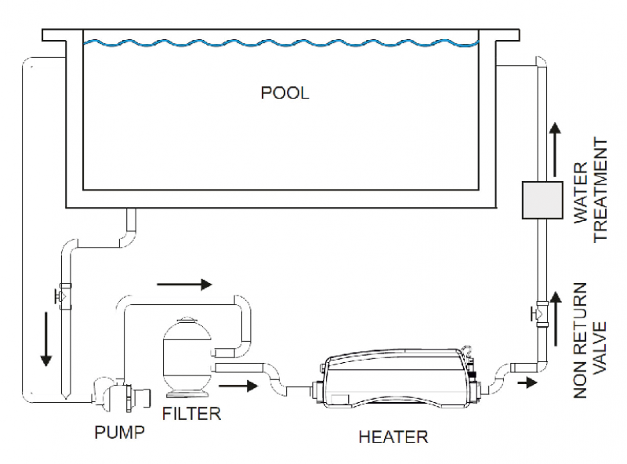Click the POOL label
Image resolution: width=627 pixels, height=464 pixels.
pos(285,93)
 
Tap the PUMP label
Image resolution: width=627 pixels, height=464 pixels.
pos(119,432)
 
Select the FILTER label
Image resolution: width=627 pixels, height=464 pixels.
pos(191,412)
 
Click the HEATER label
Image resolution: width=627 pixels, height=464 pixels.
pos(393,437)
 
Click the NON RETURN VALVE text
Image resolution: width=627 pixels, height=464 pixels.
pos(592,344)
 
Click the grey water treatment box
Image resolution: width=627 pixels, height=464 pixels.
pos(542,200)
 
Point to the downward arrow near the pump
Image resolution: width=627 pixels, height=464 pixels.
pos(45,338)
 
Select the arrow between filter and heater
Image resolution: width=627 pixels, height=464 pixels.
pos(240,386)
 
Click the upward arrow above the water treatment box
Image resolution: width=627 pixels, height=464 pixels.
pos(555,141)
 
